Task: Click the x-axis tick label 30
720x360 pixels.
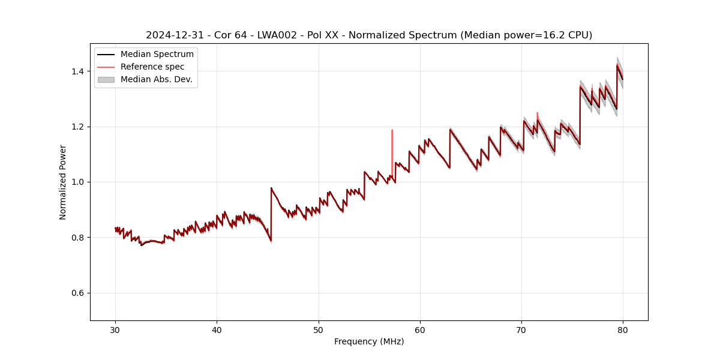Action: pos(115,329)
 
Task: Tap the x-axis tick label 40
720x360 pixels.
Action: pos(217,329)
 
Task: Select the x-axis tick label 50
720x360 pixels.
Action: pos(319,329)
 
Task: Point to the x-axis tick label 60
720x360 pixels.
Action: pos(420,329)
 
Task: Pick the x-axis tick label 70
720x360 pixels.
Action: pos(521,329)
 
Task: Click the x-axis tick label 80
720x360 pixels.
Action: pos(623,329)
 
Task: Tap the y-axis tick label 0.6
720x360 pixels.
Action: pos(78,293)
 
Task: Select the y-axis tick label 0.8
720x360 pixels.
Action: pos(78,238)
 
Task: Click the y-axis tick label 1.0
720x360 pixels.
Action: pos(78,182)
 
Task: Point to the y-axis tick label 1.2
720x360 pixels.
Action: pos(78,127)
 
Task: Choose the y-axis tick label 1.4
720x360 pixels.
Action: pos(78,71)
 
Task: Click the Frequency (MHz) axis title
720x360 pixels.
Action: pos(369,341)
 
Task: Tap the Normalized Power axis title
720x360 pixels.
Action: pos(63,182)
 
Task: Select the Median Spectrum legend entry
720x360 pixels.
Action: pos(157,55)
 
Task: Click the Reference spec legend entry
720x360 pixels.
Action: pos(152,67)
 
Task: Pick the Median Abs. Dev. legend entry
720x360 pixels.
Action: pos(156,79)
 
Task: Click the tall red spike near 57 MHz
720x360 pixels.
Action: pos(392,144)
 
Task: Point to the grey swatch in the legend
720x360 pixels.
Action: pos(107,79)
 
